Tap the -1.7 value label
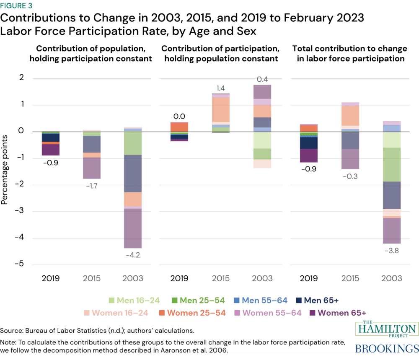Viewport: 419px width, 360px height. [92, 186]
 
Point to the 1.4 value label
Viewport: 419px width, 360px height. [220, 88]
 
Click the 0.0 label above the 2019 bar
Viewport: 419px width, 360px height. [179, 117]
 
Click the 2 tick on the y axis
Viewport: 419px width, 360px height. [21, 78]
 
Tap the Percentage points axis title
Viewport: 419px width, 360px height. [5, 171]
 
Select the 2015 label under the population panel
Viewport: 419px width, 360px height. [92, 278]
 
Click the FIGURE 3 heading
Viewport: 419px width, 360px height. [18, 6]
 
